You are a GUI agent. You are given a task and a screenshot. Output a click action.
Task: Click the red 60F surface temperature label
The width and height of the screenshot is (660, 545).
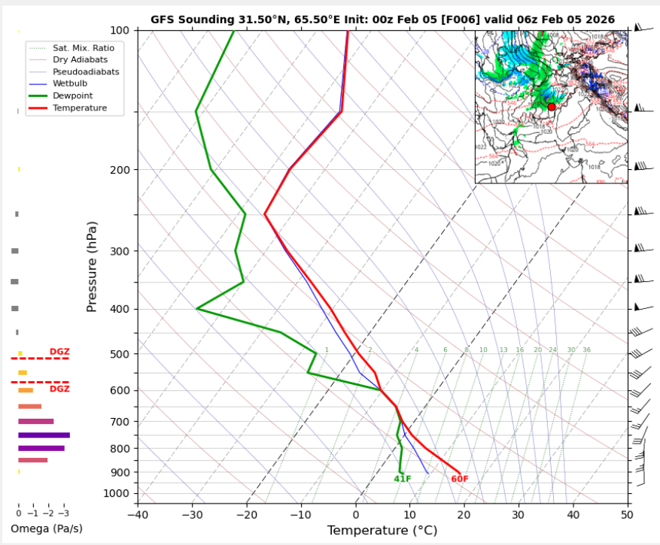pos(459,480)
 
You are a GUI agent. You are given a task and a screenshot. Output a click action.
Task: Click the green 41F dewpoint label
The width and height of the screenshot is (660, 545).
pos(402,480)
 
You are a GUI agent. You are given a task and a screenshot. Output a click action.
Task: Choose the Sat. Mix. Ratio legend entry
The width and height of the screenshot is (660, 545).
pos(83,47)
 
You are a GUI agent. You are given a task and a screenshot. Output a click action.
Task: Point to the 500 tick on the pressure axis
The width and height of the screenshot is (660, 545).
pos(120,354)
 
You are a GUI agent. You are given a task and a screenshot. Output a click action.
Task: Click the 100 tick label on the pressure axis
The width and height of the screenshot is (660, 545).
pos(120,30)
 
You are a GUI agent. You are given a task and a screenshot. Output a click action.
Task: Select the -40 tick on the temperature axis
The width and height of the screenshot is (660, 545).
pos(138,515)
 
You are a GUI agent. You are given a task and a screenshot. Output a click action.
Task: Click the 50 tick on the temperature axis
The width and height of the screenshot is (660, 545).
pos(627,515)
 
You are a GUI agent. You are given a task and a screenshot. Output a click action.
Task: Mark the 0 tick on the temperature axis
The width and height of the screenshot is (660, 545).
pos(355,515)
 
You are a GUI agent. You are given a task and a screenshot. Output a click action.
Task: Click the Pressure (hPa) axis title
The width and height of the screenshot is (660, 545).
pos(92,267)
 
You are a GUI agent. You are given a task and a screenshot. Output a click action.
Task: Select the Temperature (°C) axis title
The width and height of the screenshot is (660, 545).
pos(382,531)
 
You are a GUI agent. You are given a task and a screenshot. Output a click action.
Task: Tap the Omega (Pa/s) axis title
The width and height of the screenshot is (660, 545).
pos(47,528)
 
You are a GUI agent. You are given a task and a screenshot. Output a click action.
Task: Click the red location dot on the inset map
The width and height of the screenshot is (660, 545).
pos(552,107)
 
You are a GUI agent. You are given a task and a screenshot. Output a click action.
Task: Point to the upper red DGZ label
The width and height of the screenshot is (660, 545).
pos(59,351)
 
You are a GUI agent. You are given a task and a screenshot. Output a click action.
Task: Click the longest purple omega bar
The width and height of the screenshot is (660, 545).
pos(44,435)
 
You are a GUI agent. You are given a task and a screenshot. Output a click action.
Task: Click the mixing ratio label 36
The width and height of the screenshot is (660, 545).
pos(586,350)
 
